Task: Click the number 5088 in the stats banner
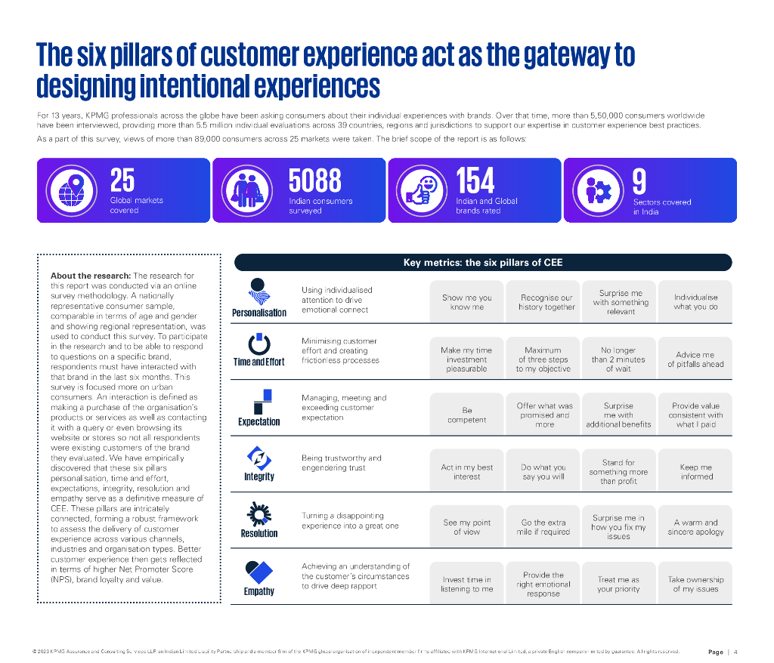click(x=315, y=181)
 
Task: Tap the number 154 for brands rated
click(x=475, y=181)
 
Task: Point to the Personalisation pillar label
click(x=259, y=313)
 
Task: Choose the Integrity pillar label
click(x=259, y=477)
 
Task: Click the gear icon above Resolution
click(x=259, y=515)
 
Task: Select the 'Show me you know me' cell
click(x=467, y=302)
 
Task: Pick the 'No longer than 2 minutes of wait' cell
click(x=618, y=359)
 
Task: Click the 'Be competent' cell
click(x=467, y=415)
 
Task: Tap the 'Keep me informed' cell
click(x=695, y=472)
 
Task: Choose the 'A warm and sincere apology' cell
click(x=695, y=527)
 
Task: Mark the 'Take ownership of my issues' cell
click(x=695, y=584)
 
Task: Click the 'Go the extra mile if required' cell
click(x=543, y=527)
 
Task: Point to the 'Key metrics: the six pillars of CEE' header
click(x=483, y=263)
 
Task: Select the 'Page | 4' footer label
click(x=723, y=652)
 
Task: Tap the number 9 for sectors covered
click(x=639, y=181)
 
